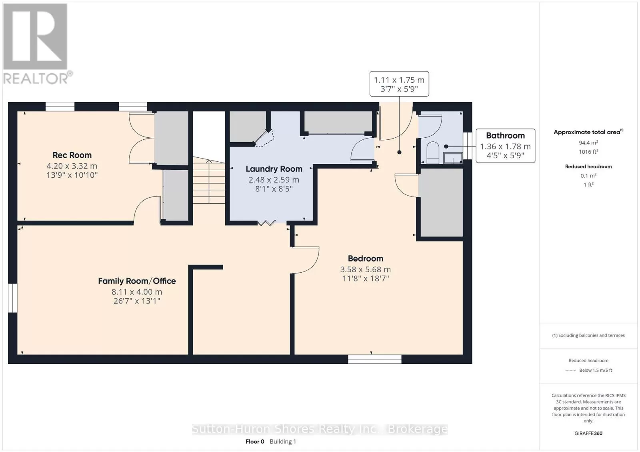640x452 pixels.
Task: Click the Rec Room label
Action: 72,155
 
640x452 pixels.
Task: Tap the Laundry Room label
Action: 274,169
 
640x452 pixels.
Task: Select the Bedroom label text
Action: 366,258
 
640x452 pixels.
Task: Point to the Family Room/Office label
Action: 137,281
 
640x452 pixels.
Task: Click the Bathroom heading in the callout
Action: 506,135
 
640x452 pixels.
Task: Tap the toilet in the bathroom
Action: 432,153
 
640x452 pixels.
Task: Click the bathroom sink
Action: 453,158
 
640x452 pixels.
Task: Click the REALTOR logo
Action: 38,44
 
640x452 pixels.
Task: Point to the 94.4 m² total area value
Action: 588,142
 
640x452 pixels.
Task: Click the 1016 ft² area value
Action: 588,152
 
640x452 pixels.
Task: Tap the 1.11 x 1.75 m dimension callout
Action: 399,84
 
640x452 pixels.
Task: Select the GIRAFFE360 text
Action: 588,433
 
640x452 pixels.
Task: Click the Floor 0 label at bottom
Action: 255,442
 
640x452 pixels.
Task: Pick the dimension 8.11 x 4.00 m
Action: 137,292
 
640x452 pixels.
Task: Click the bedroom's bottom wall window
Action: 374,359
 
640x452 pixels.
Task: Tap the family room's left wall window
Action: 12,298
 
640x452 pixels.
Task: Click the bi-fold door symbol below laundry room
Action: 267,223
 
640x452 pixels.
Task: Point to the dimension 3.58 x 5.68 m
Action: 366,269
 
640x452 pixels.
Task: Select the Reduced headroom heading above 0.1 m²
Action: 588,167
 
